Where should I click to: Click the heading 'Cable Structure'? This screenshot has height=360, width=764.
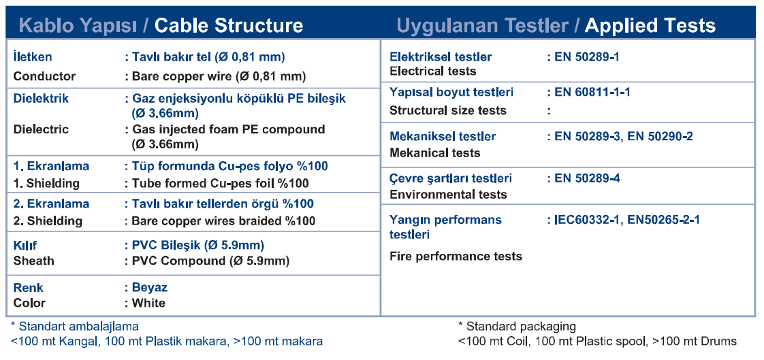pyautogui.click(x=229, y=25)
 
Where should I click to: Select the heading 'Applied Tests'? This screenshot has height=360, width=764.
pyautogui.click(x=650, y=25)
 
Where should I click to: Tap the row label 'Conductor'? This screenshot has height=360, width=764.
pyautogui.click(x=45, y=76)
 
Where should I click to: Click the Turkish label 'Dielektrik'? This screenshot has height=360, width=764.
pyautogui.click(x=41, y=99)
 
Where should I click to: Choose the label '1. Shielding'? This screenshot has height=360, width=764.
pyautogui.click(x=46, y=184)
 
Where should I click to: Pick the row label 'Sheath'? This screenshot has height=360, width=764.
pyautogui.click(x=33, y=261)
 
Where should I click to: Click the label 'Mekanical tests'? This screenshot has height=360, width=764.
pyautogui.click(x=435, y=153)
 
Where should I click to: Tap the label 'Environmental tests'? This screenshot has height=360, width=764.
pyautogui.click(x=448, y=195)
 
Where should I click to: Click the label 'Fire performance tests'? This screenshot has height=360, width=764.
pyautogui.click(x=456, y=257)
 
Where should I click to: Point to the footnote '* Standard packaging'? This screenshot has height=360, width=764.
pyautogui.click(x=517, y=326)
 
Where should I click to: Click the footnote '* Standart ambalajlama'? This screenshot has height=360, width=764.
pyautogui.click(x=74, y=326)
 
